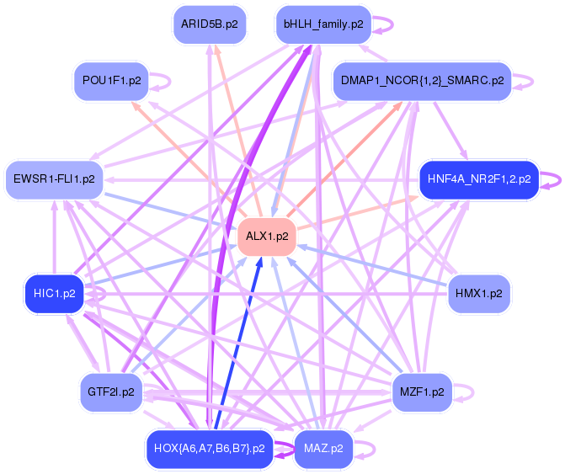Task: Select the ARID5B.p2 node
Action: pos(209,24)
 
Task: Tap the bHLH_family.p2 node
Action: pos(323,24)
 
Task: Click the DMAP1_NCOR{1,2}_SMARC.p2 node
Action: pos(422,82)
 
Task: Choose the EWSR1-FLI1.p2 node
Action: pos(55,179)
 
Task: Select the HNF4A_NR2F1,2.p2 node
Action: pos(478,179)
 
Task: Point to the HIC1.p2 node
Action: pos(55,294)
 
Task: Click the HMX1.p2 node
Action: pos(478,294)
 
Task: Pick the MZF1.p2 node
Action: pos(422,392)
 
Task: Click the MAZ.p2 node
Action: pos(323,449)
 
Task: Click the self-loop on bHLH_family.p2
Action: pos(383,24)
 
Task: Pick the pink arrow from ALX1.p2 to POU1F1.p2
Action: pos(185,156)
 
